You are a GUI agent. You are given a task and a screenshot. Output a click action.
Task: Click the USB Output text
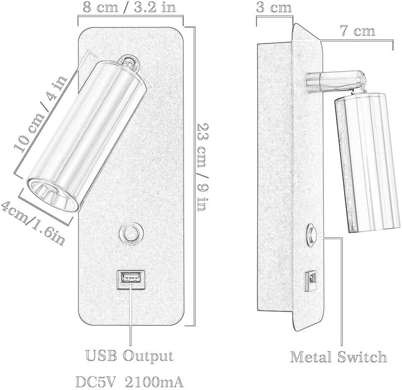(130, 355)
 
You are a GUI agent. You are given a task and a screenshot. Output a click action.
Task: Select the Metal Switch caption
(339, 357)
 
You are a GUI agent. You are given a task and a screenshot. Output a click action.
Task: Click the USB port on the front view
(130, 278)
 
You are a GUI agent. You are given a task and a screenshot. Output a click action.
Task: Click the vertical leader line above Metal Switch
(342, 292)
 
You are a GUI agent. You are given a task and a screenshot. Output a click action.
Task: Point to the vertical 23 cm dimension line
(195, 177)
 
